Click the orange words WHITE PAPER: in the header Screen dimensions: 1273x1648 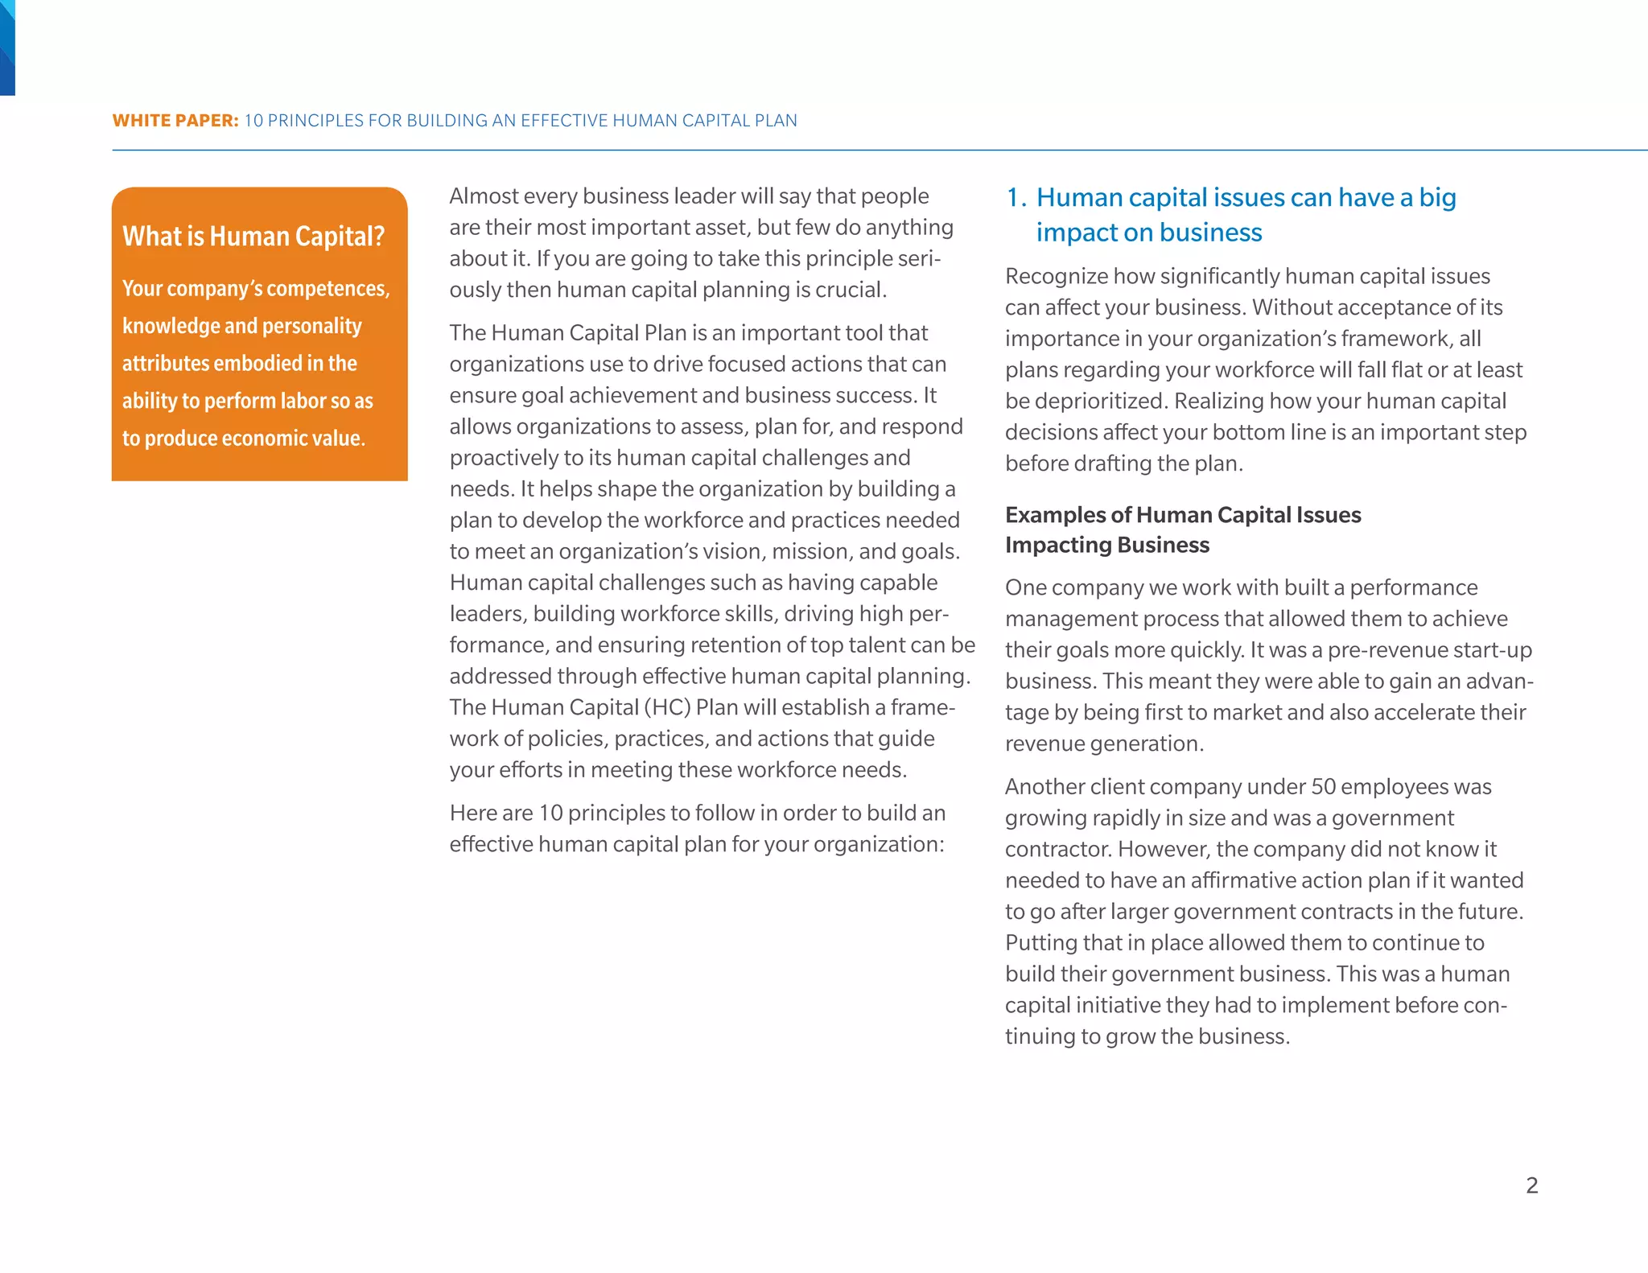(x=175, y=121)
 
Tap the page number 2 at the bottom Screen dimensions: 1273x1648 (x=1531, y=1184)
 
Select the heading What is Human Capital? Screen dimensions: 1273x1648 (x=253, y=236)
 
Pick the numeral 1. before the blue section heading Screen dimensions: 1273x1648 (x=1016, y=198)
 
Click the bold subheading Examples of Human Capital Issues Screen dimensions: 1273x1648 (x=1183, y=515)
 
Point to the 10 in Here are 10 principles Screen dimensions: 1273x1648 (x=550, y=813)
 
